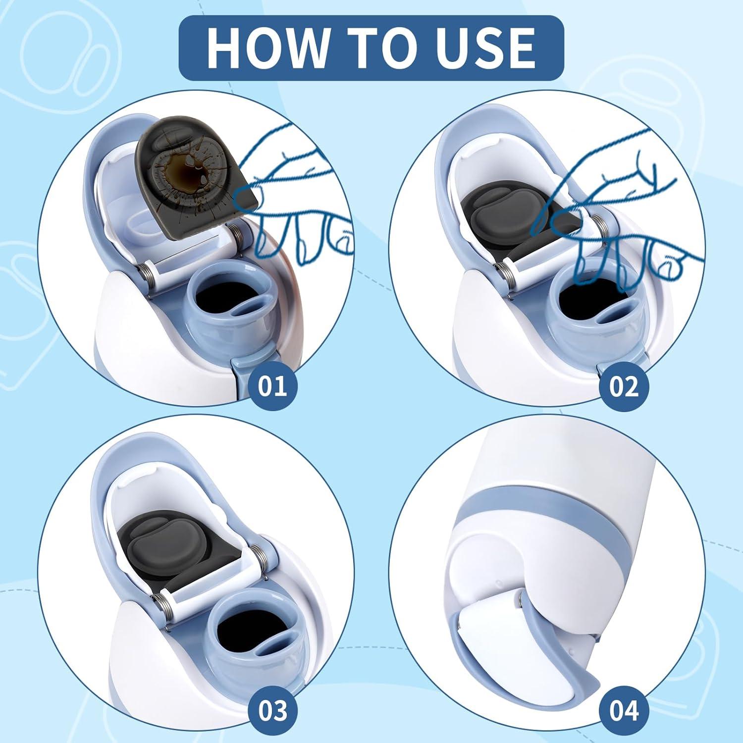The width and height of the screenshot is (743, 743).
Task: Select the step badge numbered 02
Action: coord(623,385)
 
